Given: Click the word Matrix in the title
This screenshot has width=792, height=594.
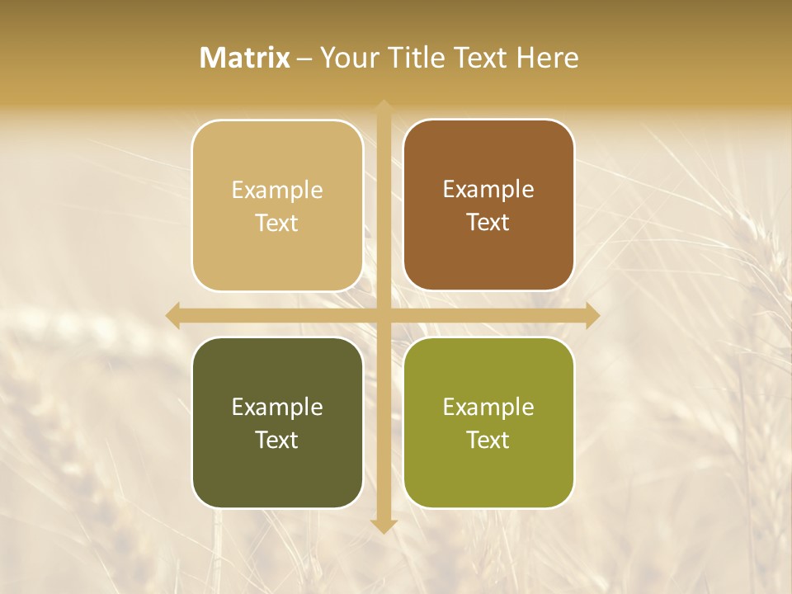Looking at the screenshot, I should point(245,58).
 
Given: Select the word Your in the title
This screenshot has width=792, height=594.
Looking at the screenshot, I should point(346,58).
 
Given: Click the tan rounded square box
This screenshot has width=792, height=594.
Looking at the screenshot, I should point(277,206).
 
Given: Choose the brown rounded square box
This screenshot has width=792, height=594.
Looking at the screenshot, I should point(488,205).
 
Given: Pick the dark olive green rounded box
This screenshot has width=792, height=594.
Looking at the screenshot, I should point(277,422).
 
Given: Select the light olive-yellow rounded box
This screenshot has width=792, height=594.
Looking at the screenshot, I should point(488,422).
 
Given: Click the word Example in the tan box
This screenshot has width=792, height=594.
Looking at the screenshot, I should point(277,191).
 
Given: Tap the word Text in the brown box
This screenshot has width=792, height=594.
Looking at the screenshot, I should point(488,223).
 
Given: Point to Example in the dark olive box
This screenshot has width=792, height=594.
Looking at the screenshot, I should point(277,407).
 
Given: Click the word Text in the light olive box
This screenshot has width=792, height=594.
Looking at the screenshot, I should point(488,440).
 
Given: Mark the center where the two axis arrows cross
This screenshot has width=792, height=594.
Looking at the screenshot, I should point(383,315).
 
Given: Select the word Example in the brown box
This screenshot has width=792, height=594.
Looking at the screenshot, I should point(488,190).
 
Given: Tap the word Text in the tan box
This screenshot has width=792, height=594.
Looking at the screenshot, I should point(277,224).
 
